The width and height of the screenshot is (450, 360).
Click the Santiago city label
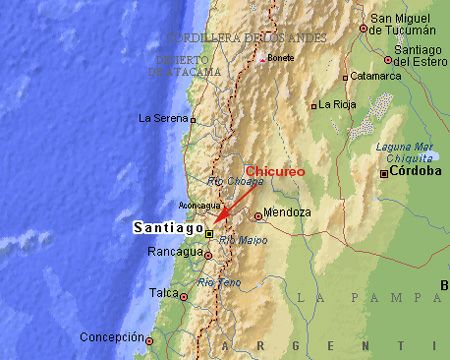click(x=167, y=228)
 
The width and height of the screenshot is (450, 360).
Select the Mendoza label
click(x=289, y=213)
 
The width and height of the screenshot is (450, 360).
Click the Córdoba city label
click(x=415, y=171)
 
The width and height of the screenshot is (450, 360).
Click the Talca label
click(x=162, y=293)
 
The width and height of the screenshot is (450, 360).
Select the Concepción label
click(x=111, y=336)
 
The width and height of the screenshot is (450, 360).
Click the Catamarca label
click(x=369, y=74)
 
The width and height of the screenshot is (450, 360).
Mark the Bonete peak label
click(x=281, y=57)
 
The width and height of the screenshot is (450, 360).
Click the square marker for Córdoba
click(x=383, y=173)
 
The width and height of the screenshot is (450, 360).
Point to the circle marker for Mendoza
click(x=258, y=215)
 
